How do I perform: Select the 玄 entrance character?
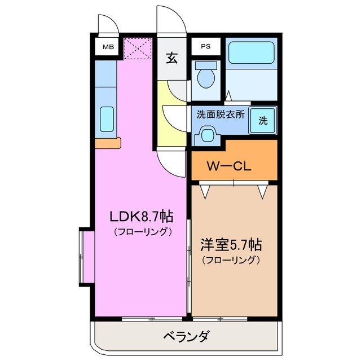point(171,58)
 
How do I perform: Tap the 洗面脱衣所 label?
point(221,113)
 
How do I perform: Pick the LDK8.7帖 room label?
point(141,216)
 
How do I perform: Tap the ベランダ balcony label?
point(186,337)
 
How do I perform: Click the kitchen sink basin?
point(106,118)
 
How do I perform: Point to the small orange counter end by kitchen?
point(108,143)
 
